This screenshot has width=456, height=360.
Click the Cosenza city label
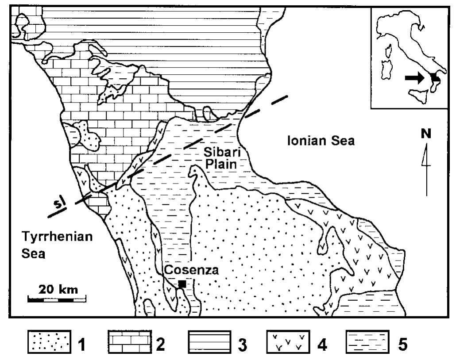coord(191,270)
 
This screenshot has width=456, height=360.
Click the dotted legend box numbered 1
coord(49,343)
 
